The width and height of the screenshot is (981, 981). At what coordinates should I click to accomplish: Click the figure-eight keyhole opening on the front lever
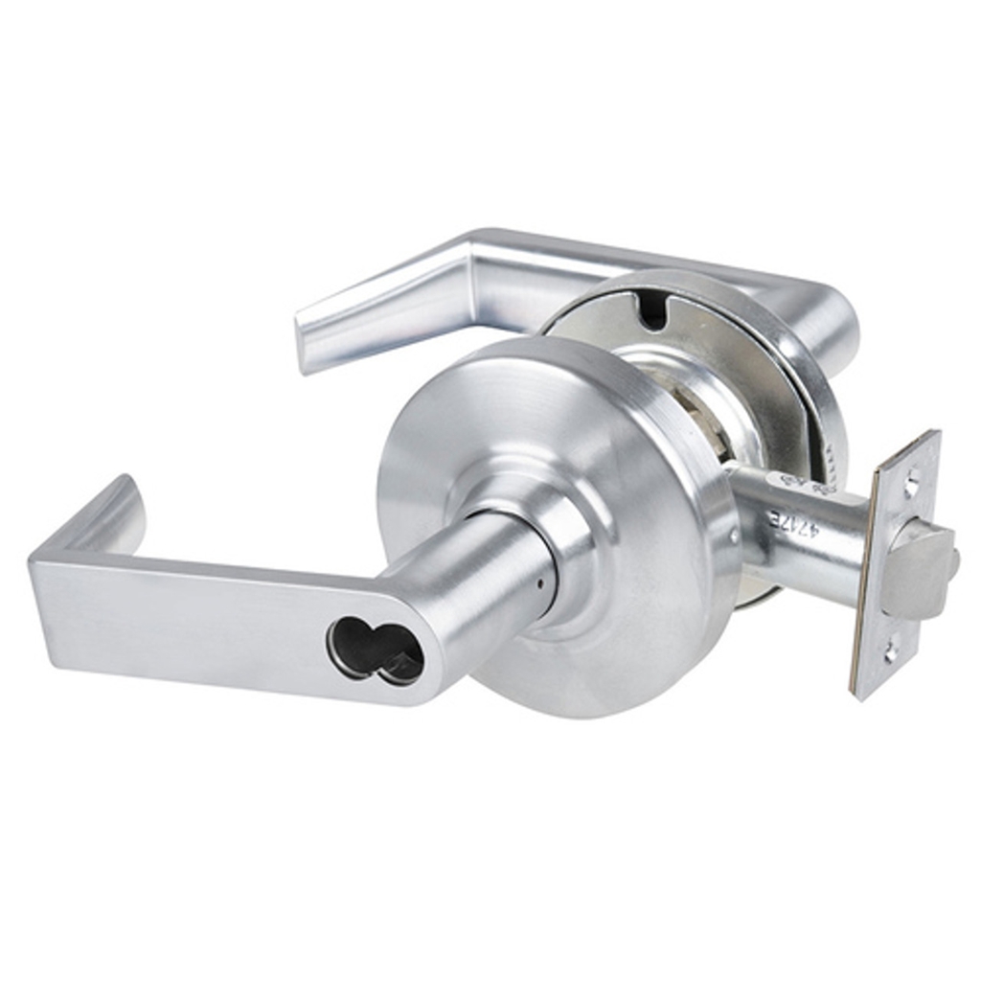(375, 650)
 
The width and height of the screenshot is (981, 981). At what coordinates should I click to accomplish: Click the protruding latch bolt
(917, 571)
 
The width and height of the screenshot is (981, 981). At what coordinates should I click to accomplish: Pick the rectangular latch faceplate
(896, 565)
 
